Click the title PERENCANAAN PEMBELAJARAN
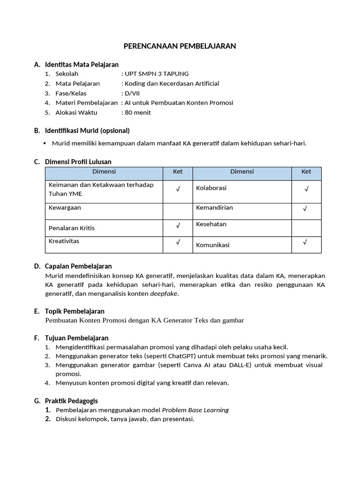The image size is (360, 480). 180,46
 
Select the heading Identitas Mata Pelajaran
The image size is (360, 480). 82,64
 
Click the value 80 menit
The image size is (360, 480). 138,112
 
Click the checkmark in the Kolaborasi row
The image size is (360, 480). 306,189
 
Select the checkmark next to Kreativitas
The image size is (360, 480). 178,243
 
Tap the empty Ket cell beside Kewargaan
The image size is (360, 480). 178,211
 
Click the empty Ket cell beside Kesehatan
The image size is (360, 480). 306,228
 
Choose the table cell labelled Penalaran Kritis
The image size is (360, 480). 72,228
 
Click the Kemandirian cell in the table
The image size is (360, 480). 214,208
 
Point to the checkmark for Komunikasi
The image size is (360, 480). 305,242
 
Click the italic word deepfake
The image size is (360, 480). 164,294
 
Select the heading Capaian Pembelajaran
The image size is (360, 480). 78,266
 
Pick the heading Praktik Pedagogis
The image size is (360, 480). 71,401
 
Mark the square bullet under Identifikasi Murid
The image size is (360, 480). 45,143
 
